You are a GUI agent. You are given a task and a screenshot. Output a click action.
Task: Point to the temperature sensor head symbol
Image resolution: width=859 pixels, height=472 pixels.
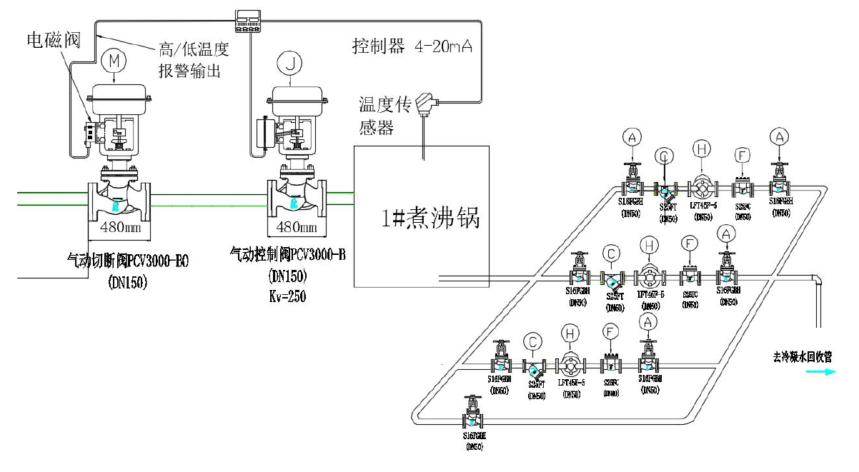pyautogui.click(x=427, y=104)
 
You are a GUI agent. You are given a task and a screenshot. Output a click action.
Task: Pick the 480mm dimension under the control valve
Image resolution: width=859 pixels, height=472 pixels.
pyautogui.click(x=297, y=227)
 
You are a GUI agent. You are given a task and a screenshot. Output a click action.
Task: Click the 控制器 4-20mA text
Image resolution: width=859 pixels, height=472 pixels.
pyautogui.click(x=412, y=48)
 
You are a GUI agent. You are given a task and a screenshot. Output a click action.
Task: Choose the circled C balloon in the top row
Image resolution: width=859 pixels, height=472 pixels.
pyautogui.click(x=664, y=156)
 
